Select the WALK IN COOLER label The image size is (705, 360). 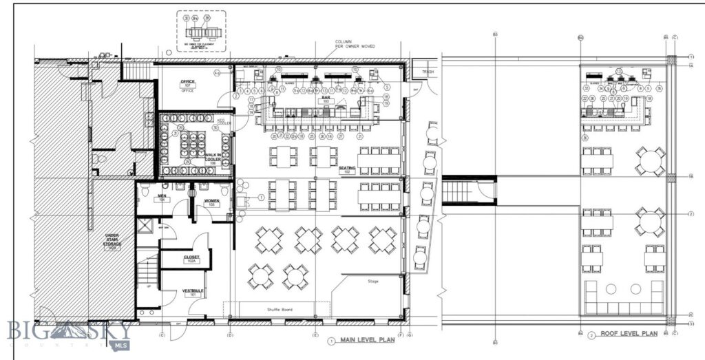(x=214, y=158)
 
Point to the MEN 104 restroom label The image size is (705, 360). (x=162, y=198)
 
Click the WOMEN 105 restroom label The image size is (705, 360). (x=211, y=202)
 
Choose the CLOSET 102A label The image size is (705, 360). (x=191, y=259)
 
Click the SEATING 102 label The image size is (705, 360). (x=346, y=169)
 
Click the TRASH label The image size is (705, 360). (x=428, y=72)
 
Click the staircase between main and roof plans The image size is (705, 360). (x=468, y=189)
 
